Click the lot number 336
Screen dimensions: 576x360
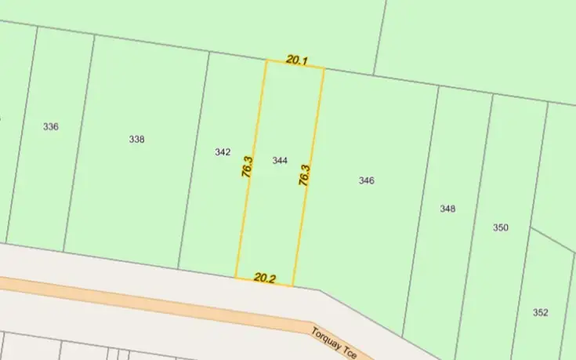click(x=51, y=126)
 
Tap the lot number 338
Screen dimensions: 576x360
click(x=137, y=140)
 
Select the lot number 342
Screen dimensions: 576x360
click(x=223, y=152)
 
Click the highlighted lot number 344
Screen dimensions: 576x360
click(x=280, y=161)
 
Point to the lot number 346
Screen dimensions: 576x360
click(x=366, y=180)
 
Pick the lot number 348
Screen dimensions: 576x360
click(x=447, y=209)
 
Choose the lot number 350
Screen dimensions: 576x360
click(x=501, y=227)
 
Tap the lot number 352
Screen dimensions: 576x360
click(x=540, y=312)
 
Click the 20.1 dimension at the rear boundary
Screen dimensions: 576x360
click(x=296, y=59)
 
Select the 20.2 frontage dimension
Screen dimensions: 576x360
click(x=266, y=277)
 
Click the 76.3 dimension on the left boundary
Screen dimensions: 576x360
click(x=247, y=167)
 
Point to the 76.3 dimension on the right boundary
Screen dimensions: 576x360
click(x=305, y=174)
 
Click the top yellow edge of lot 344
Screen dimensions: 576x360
click(x=295, y=65)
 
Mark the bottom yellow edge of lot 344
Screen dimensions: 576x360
click(x=265, y=282)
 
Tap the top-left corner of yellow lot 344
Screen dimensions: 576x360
click(x=266, y=61)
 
